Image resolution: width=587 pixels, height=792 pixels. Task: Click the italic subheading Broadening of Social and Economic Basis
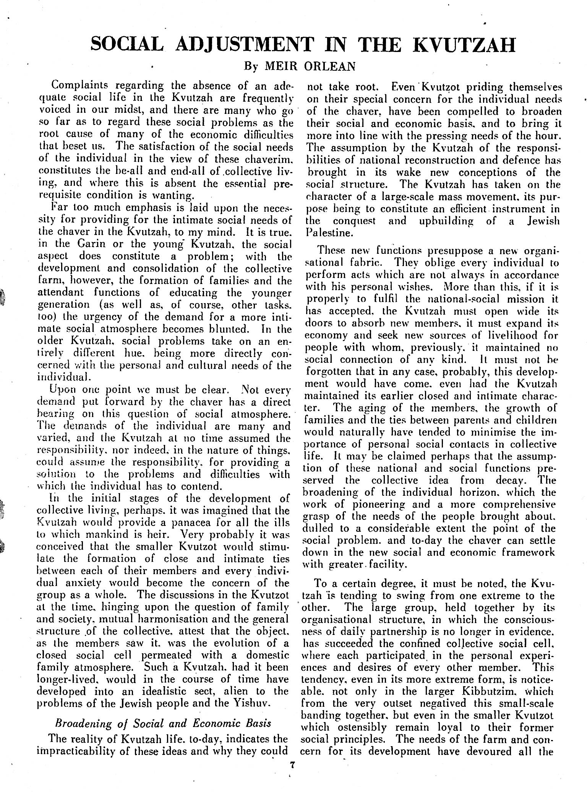[164, 723]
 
